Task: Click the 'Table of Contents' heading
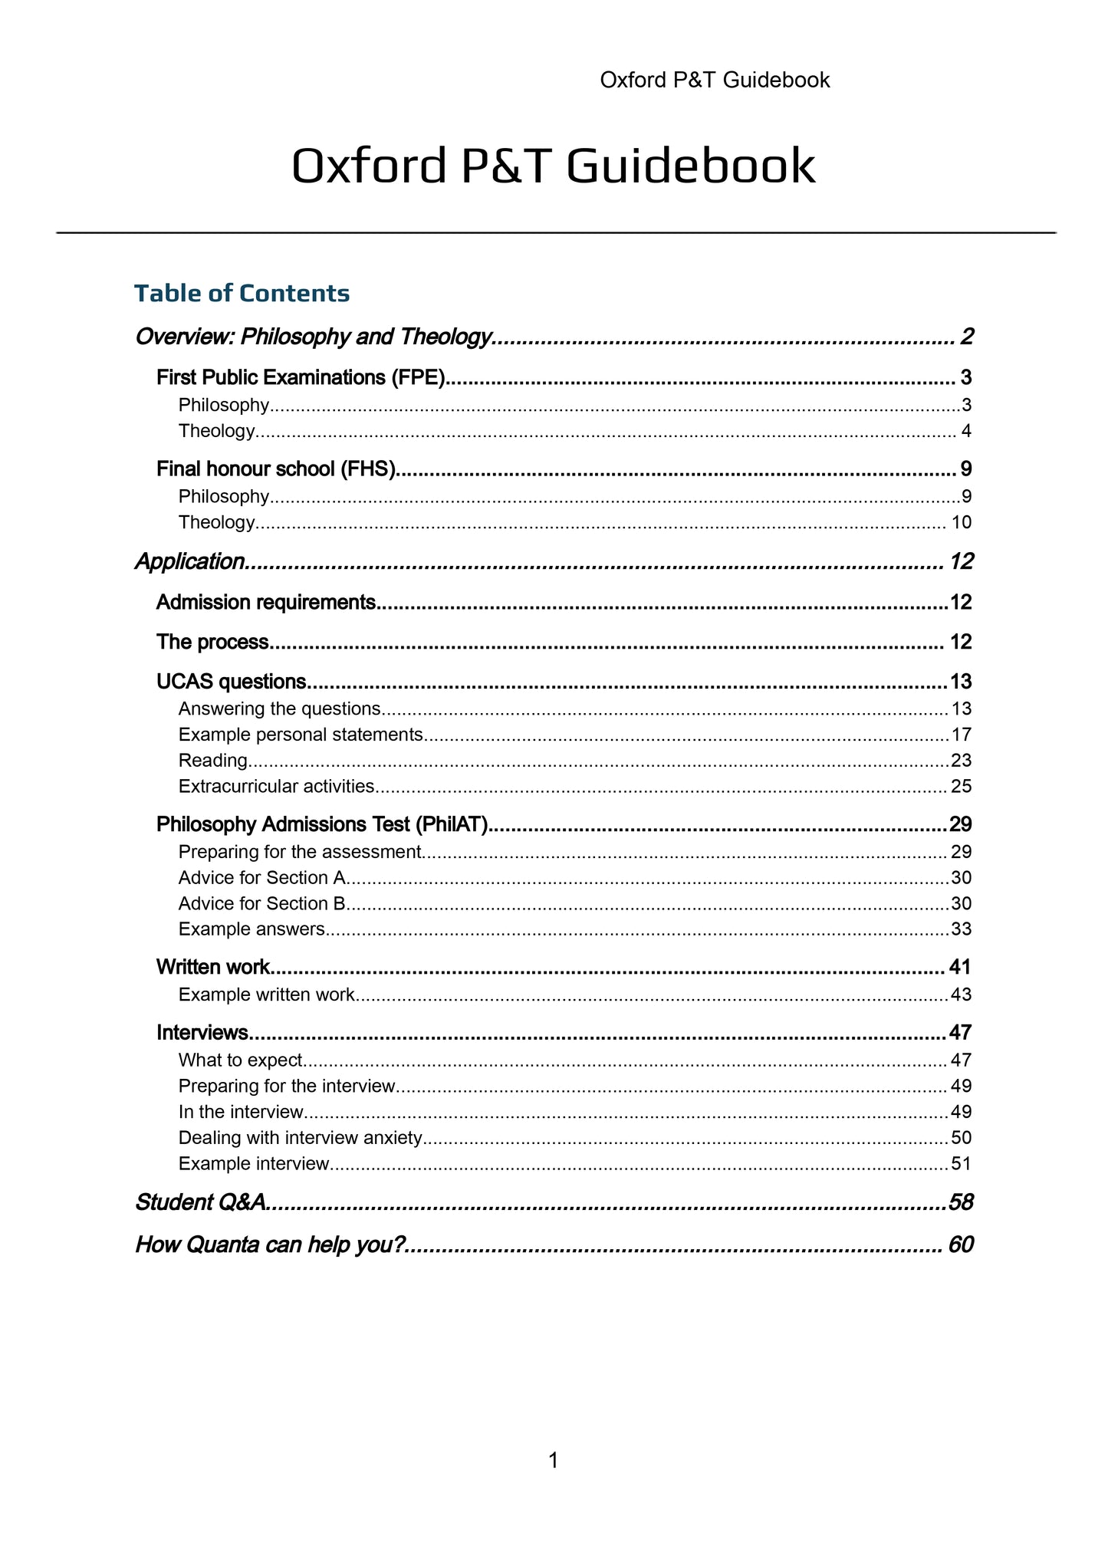point(242,293)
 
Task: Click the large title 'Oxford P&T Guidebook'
point(553,166)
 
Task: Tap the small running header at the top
point(714,80)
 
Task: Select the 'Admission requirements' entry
point(266,602)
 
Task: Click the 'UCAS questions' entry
point(232,681)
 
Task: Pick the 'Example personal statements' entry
point(301,735)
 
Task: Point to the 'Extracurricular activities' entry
point(276,786)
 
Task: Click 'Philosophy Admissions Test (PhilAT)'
point(322,824)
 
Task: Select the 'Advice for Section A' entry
point(262,877)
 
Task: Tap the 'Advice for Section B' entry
point(262,903)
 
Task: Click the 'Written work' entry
point(212,967)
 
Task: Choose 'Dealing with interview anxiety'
point(300,1137)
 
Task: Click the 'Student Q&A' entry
point(201,1202)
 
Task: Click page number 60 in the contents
point(960,1244)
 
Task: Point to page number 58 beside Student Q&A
point(960,1202)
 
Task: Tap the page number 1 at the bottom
point(553,1461)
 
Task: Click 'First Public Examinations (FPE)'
point(301,377)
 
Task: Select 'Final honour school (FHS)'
point(276,469)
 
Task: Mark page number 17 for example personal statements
point(961,735)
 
